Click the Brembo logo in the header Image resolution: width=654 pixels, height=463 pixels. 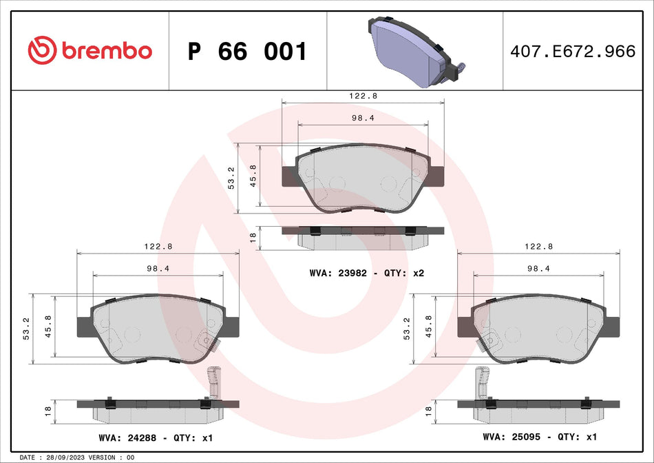click(x=89, y=50)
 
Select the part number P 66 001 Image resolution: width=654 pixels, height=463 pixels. click(x=247, y=52)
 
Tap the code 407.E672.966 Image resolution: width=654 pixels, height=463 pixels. click(x=572, y=51)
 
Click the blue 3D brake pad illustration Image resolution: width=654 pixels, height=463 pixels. click(x=413, y=52)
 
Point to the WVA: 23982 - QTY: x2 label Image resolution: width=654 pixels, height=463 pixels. click(x=366, y=274)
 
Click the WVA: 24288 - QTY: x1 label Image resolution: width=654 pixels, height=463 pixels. click(x=156, y=438)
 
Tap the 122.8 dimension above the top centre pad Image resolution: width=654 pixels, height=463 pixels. click(x=363, y=96)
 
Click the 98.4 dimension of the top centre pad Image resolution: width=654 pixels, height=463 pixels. click(x=363, y=118)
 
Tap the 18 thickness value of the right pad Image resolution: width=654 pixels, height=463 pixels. click(x=428, y=411)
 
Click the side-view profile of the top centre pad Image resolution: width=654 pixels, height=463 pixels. click(x=363, y=236)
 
